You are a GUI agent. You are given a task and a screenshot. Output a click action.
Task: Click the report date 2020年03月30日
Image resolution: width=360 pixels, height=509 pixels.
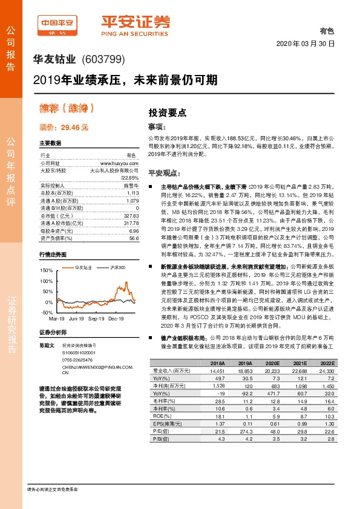tap(305, 44)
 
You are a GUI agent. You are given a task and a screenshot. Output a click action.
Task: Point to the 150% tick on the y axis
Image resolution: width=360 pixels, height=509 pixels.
tap(45, 270)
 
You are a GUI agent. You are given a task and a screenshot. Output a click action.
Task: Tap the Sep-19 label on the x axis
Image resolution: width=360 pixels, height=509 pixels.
tap(96, 317)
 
